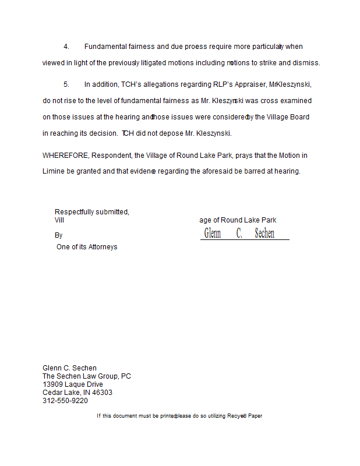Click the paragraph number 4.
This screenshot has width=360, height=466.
pyautogui.click(x=66, y=47)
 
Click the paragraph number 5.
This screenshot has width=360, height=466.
pyautogui.click(x=66, y=84)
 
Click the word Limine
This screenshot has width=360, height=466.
pyautogui.click(x=54, y=171)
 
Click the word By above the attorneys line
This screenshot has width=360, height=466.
pyautogui.click(x=58, y=235)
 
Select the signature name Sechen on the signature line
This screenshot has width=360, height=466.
pyautogui.click(x=264, y=234)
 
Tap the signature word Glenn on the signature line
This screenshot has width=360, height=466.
pyautogui.click(x=213, y=234)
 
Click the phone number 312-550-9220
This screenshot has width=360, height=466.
pyautogui.click(x=65, y=401)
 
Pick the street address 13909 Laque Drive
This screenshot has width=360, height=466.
pyautogui.click(x=73, y=384)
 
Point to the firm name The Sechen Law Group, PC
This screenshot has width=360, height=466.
pyautogui.click(x=87, y=376)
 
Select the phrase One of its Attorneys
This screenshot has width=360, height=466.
pyautogui.click(x=87, y=247)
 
